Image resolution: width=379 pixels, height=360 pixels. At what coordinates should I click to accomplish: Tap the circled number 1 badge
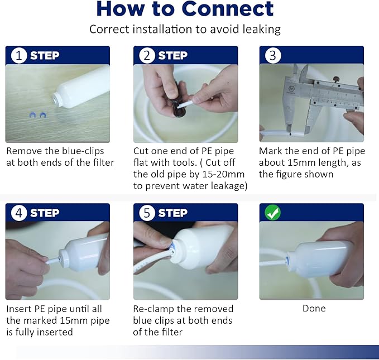click(18, 56)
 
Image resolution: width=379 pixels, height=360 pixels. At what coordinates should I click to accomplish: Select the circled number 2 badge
click(147, 56)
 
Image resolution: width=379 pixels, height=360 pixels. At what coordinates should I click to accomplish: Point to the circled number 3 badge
click(273, 56)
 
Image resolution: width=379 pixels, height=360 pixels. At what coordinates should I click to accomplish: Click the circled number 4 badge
click(18, 213)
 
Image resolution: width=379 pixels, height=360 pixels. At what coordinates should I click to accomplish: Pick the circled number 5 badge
click(147, 213)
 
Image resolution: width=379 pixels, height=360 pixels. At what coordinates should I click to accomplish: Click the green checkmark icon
click(272, 213)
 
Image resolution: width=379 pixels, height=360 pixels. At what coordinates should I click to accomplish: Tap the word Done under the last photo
click(314, 309)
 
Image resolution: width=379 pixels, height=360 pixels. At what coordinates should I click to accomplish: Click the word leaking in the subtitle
click(262, 30)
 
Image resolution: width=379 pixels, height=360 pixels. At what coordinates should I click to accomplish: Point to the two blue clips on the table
click(38, 115)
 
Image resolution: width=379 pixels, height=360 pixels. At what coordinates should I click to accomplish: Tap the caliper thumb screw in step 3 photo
click(335, 79)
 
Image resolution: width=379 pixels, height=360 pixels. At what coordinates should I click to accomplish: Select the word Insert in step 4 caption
click(19, 309)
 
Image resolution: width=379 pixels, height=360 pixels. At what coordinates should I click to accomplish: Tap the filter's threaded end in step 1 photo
click(57, 99)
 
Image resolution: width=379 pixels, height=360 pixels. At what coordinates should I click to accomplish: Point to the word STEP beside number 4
click(45, 213)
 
